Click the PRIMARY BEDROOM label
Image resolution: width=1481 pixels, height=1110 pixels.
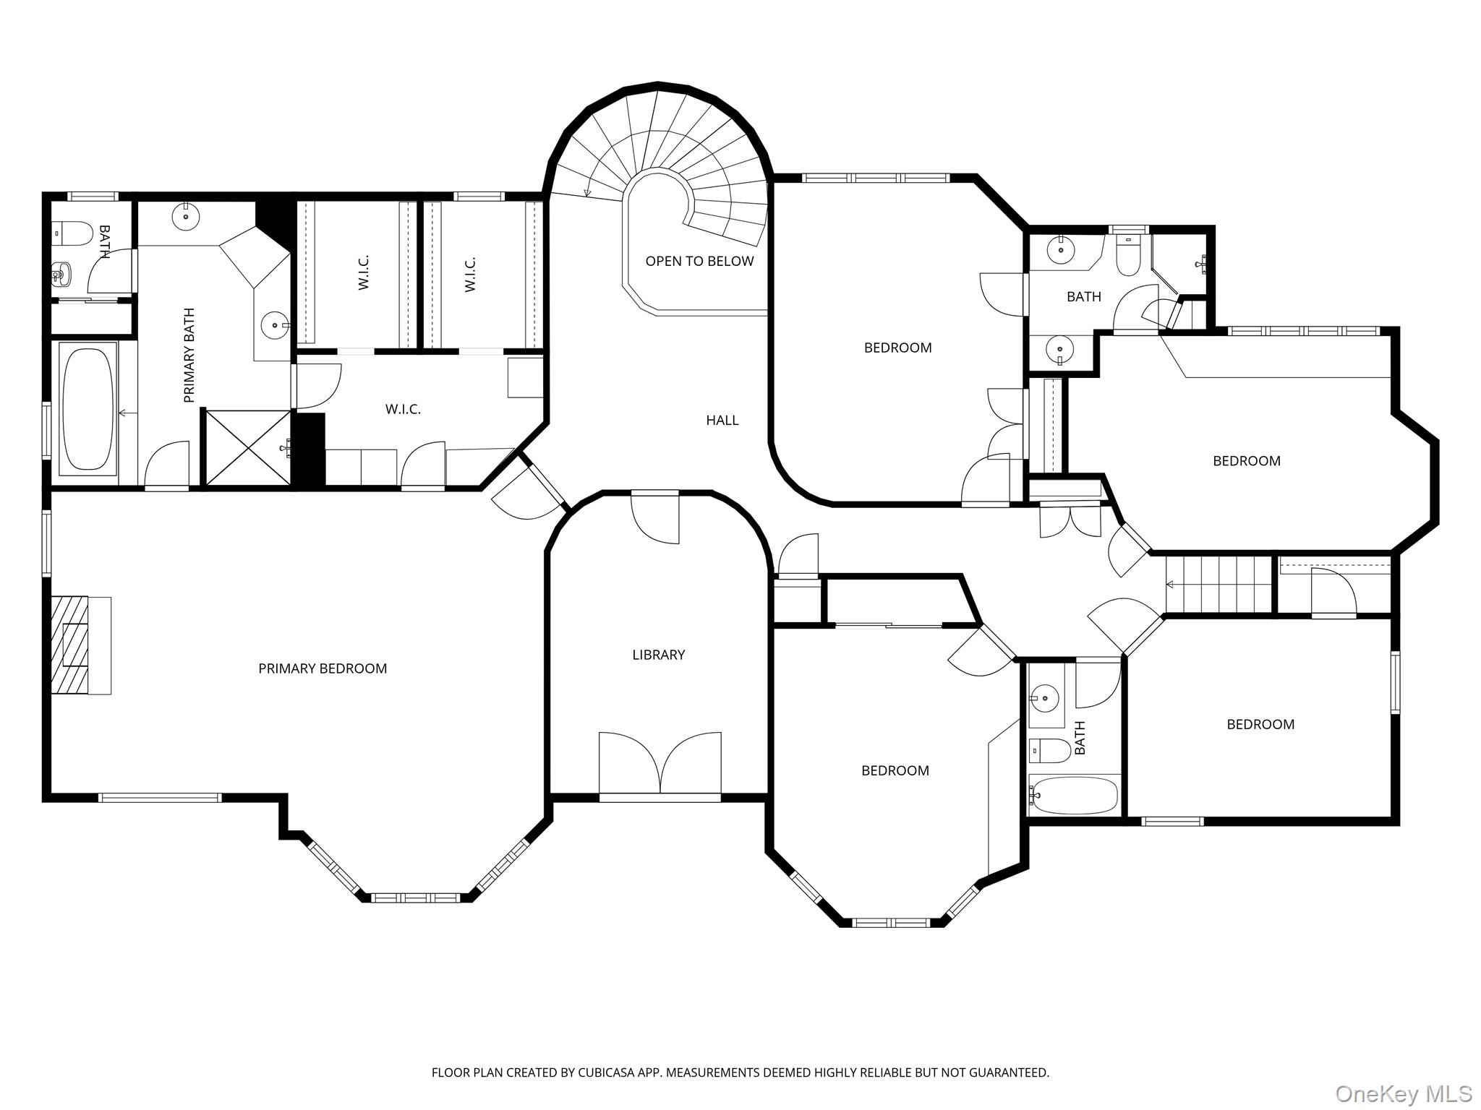tap(323, 668)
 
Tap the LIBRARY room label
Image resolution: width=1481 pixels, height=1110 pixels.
tap(658, 655)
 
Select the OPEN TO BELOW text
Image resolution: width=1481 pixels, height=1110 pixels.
tap(699, 261)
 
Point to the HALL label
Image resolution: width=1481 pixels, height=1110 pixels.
tap(722, 420)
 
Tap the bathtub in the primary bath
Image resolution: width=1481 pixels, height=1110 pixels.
tap(88, 410)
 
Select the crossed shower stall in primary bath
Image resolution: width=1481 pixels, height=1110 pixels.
tap(248, 447)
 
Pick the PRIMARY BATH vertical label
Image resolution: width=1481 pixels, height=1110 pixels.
tap(189, 355)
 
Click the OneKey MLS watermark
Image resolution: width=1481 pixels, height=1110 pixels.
tap(1403, 1093)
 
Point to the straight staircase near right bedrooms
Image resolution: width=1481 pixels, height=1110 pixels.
tap(1219, 585)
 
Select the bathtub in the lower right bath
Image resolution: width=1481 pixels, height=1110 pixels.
tap(1075, 795)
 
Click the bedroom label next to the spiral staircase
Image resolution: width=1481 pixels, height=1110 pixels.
tap(897, 348)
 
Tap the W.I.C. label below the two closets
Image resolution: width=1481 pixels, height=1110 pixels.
tap(403, 409)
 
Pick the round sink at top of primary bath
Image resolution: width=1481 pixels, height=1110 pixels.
tap(186, 215)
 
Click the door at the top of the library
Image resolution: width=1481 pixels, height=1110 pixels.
tap(655, 517)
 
